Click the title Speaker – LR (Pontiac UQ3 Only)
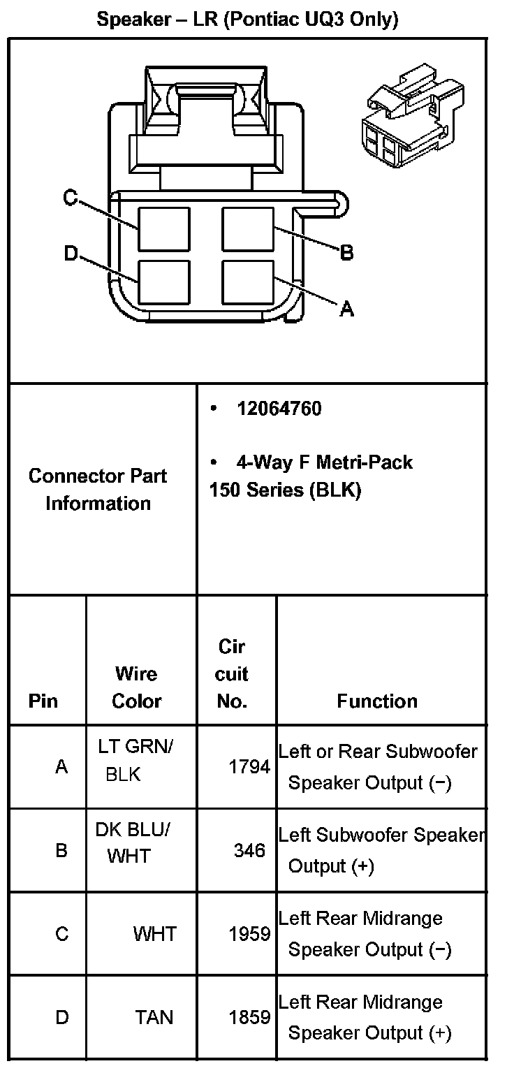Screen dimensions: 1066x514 click(247, 20)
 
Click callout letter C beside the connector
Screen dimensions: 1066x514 click(70, 198)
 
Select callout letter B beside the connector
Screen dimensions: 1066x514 click(346, 252)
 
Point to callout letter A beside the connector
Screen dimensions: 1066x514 click(346, 308)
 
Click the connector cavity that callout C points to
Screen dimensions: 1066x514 click(163, 229)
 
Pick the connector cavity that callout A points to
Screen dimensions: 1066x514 click(247, 282)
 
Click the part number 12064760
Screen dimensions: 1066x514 click(279, 409)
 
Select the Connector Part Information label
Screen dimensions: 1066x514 click(98, 489)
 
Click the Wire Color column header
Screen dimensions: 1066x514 click(137, 687)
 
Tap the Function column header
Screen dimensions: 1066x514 click(377, 701)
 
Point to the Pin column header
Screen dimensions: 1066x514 click(43, 701)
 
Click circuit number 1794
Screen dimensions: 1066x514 click(249, 767)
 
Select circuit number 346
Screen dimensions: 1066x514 click(250, 850)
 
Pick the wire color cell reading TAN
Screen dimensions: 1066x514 click(154, 1017)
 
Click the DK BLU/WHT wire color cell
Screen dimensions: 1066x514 click(133, 842)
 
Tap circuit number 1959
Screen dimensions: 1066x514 click(249, 934)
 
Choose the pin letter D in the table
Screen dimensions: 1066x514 click(62, 1017)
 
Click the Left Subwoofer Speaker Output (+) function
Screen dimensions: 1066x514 click(381, 850)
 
